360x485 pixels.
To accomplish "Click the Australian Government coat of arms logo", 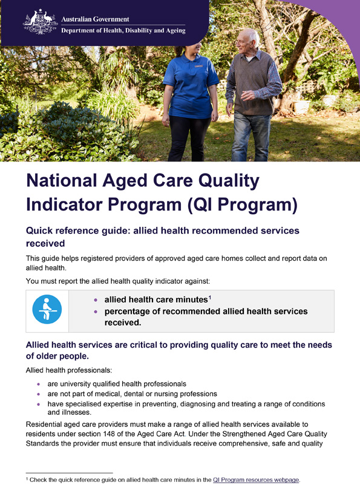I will point(41,22).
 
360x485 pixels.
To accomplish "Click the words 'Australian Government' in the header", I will point(95,18).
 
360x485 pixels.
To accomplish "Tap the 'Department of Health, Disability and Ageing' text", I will point(123,30).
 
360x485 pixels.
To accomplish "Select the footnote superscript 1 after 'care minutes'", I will point(209,297).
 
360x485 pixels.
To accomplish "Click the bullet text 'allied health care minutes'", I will point(155,300).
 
